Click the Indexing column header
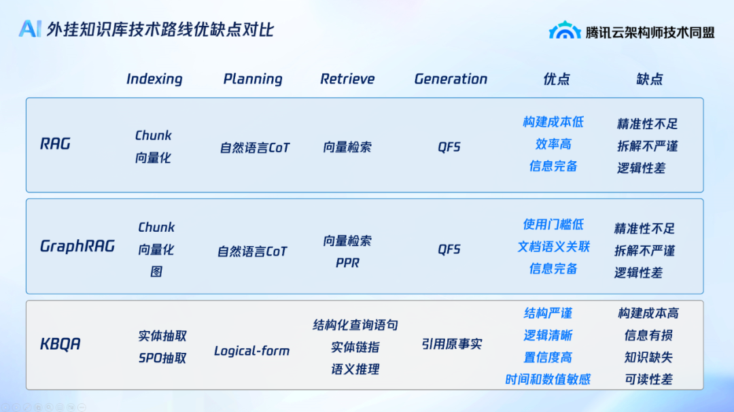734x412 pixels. pyautogui.click(x=154, y=79)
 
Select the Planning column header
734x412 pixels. pyautogui.click(x=253, y=79)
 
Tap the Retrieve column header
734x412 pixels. pyautogui.click(x=347, y=79)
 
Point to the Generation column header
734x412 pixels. pyautogui.click(x=451, y=79)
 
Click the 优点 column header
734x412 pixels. pyautogui.click(x=556, y=79)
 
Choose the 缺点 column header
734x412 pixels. pyautogui.click(x=649, y=79)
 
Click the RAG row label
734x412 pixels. pyautogui.click(x=55, y=143)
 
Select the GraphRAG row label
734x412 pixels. pyautogui.click(x=77, y=246)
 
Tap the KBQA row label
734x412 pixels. pyautogui.click(x=60, y=344)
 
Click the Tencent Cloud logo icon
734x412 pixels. pyautogui.click(x=565, y=31)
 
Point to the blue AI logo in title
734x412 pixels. pyautogui.click(x=31, y=29)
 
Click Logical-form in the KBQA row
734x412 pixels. pyautogui.click(x=252, y=351)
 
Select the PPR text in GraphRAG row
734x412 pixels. pyautogui.click(x=347, y=262)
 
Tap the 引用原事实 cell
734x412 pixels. pyautogui.click(x=452, y=344)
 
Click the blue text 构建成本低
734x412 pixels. pyautogui.click(x=553, y=122)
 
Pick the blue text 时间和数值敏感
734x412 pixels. pyautogui.click(x=548, y=379)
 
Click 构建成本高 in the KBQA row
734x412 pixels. pyautogui.click(x=648, y=313)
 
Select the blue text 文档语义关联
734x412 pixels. pyautogui.click(x=553, y=246)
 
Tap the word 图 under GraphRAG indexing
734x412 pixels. pyautogui.click(x=156, y=271)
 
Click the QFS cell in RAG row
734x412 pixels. pyautogui.click(x=449, y=147)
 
